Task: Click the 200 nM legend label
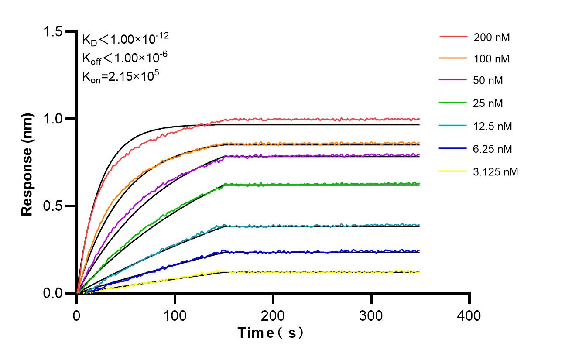coord(492,38)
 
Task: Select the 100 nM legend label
coord(492,58)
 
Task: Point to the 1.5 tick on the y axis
coord(54,31)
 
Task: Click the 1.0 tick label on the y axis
coord(54,119)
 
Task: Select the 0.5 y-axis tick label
coord(54,206)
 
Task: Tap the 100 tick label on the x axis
coord(175,315)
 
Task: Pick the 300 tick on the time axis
coord(371,315)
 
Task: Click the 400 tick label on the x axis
coord(469,315)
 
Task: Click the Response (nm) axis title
coord(27,164)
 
